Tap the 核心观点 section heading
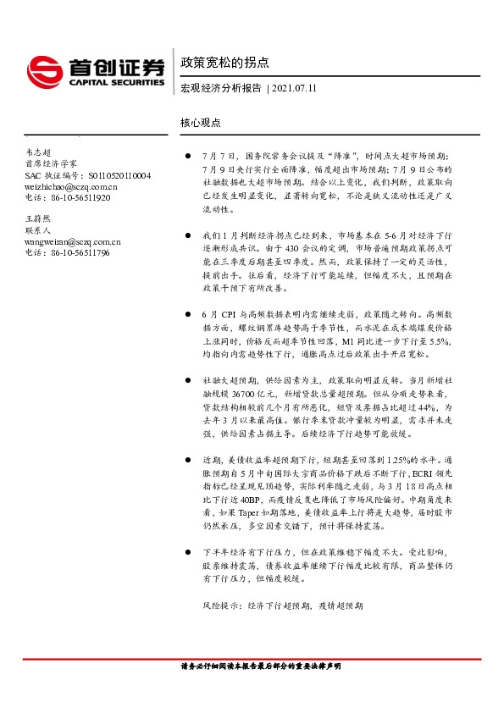[201, 122]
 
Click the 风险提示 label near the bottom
[222, 607]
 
